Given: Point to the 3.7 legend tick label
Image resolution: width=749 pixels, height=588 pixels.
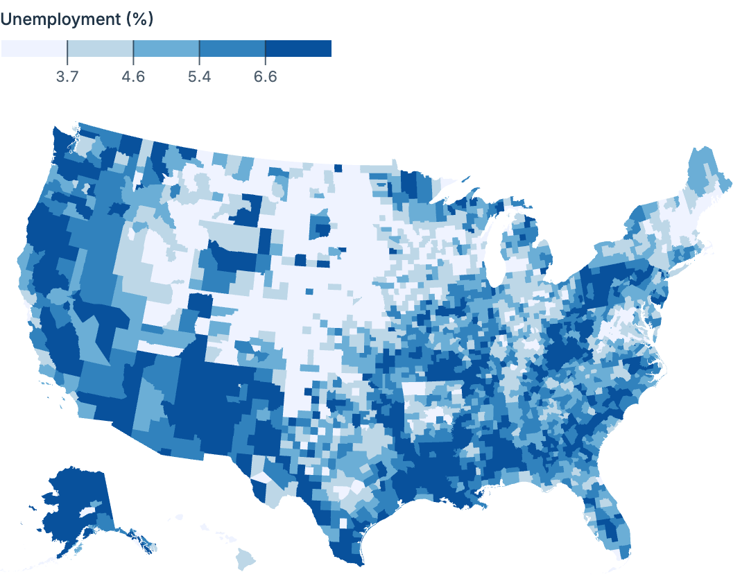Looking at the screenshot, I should [x=67, y=76].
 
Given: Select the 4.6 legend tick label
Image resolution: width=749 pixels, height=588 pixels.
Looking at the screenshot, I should [x=133, y=76].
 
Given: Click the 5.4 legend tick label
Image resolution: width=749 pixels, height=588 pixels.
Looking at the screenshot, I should [x=199, y=76].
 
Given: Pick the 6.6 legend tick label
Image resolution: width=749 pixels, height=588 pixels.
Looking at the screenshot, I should [x=265, y=76].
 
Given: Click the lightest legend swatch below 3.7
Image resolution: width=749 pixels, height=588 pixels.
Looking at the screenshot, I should [x=34, y=49].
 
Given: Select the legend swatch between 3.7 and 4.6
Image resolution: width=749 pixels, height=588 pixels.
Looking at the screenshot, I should [x=100, y=49].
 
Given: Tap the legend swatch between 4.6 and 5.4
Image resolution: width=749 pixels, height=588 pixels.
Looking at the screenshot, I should [x=166, y=49].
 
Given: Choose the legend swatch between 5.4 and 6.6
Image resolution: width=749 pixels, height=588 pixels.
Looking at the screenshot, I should [x=232, y=49].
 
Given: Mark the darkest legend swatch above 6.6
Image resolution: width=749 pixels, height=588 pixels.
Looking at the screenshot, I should [x=298, y=49].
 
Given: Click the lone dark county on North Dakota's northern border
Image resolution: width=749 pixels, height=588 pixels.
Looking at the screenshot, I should [x=338, y=168].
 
